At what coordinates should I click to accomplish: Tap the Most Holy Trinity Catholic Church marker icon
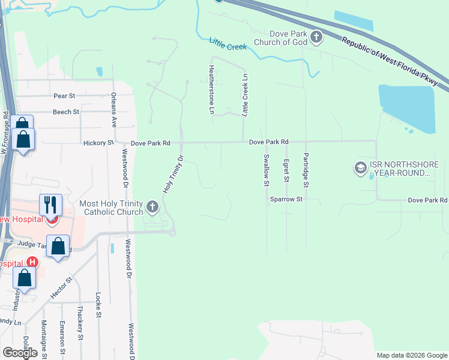click(x=152, y=208)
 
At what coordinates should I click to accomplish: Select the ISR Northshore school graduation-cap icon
click(x=361, y=167)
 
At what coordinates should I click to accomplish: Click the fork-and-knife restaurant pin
click(x=50, y=205)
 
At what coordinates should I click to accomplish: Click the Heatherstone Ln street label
click(x=211, y=89)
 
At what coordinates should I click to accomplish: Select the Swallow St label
click(x=266, y=170)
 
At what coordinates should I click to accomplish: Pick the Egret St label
click(x=286, y=171)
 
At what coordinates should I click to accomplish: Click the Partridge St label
click(x=306, y=170)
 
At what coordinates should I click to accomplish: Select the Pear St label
click(x=64, y=96)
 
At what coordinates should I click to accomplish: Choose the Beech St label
click(x=66, y=112)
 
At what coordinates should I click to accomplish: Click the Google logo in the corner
click(x=20, y=353)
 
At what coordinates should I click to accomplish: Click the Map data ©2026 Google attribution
click(x=412, y=355)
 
